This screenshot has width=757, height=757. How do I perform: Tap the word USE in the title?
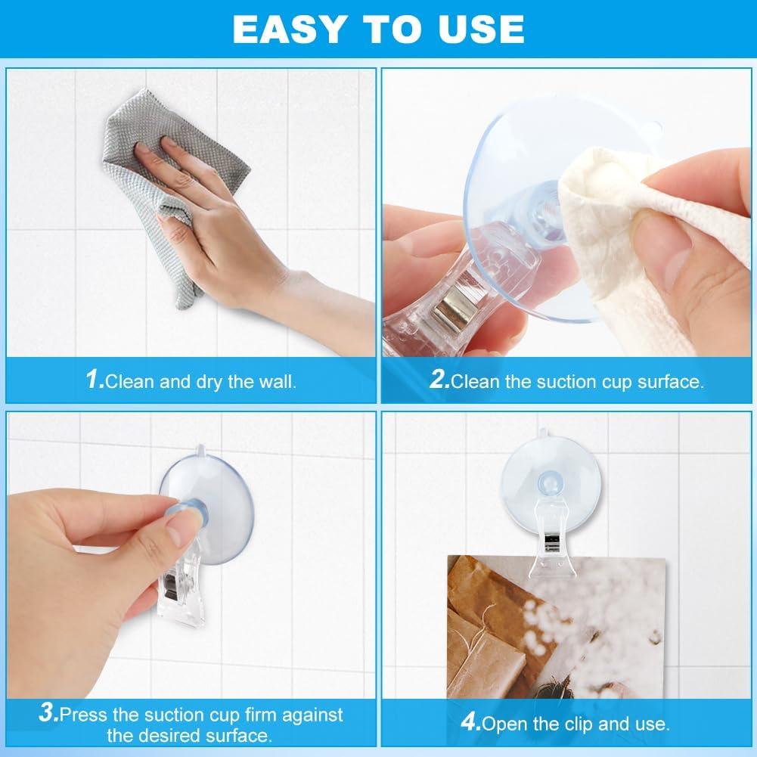coord(482,29)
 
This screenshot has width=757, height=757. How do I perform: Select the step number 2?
coord(439,380)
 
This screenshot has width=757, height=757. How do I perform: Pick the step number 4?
coord(470,723)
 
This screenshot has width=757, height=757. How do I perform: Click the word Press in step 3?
coord(85,714)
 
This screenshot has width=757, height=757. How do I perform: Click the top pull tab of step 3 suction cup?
coord(197,451)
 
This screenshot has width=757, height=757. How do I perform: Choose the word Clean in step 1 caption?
coord(130,381)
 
